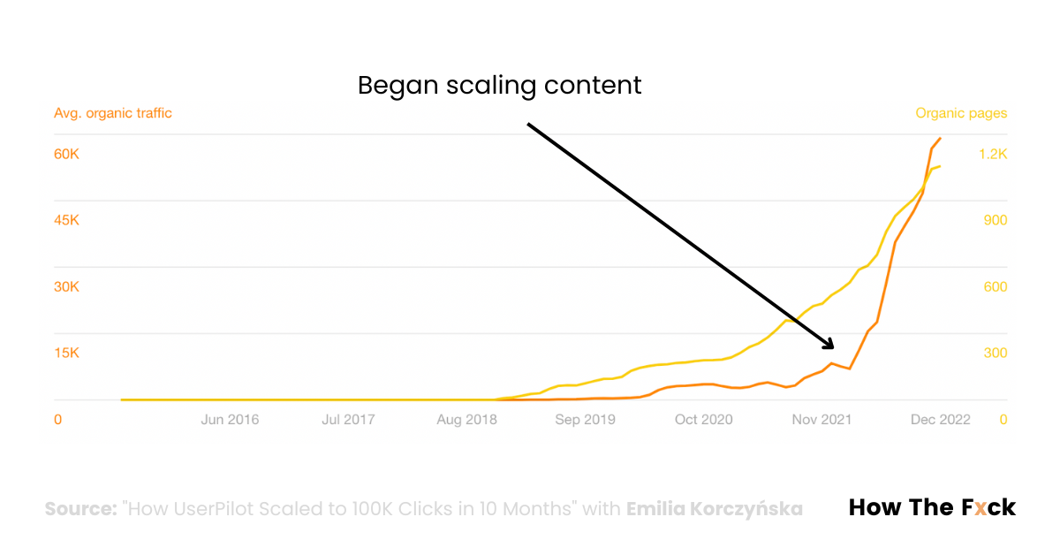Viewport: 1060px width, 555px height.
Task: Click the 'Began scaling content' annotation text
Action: tap(499, 86)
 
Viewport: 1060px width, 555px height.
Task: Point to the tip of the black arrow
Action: tap(833, 346)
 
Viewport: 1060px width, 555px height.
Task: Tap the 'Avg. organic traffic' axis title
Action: tap(113, 113)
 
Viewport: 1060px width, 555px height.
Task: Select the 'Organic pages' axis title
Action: tap(961, 113)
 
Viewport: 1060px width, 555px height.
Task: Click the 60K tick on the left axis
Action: tap(67, 154)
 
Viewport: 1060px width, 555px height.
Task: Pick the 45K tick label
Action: tap(67, 220)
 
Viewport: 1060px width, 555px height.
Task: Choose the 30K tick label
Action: tap(67, 287)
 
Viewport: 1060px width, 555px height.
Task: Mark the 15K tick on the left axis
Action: tap(67, 353)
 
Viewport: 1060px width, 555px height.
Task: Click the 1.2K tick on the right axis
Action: tap(992, 154)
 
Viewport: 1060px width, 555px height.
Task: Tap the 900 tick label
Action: tap(995, 220)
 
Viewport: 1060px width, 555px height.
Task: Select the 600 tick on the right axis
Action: tap(995, 287)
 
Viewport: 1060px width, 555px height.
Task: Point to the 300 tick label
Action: tap(995, 353)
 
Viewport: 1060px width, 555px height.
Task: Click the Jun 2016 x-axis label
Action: tap(230, 420)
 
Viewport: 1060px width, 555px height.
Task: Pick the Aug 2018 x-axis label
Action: tap(466, 420)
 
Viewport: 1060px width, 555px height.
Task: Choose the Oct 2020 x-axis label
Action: tap(703, 420)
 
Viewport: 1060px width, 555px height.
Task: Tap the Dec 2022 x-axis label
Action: tap(941, 420)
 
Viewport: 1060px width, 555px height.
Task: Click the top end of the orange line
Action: tap(941, 138)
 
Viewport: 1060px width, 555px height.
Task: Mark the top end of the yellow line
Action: tap(940, 166)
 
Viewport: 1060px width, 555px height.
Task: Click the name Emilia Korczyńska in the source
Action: tap(715, 509)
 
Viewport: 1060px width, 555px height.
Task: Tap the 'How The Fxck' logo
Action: tap(932, 507)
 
